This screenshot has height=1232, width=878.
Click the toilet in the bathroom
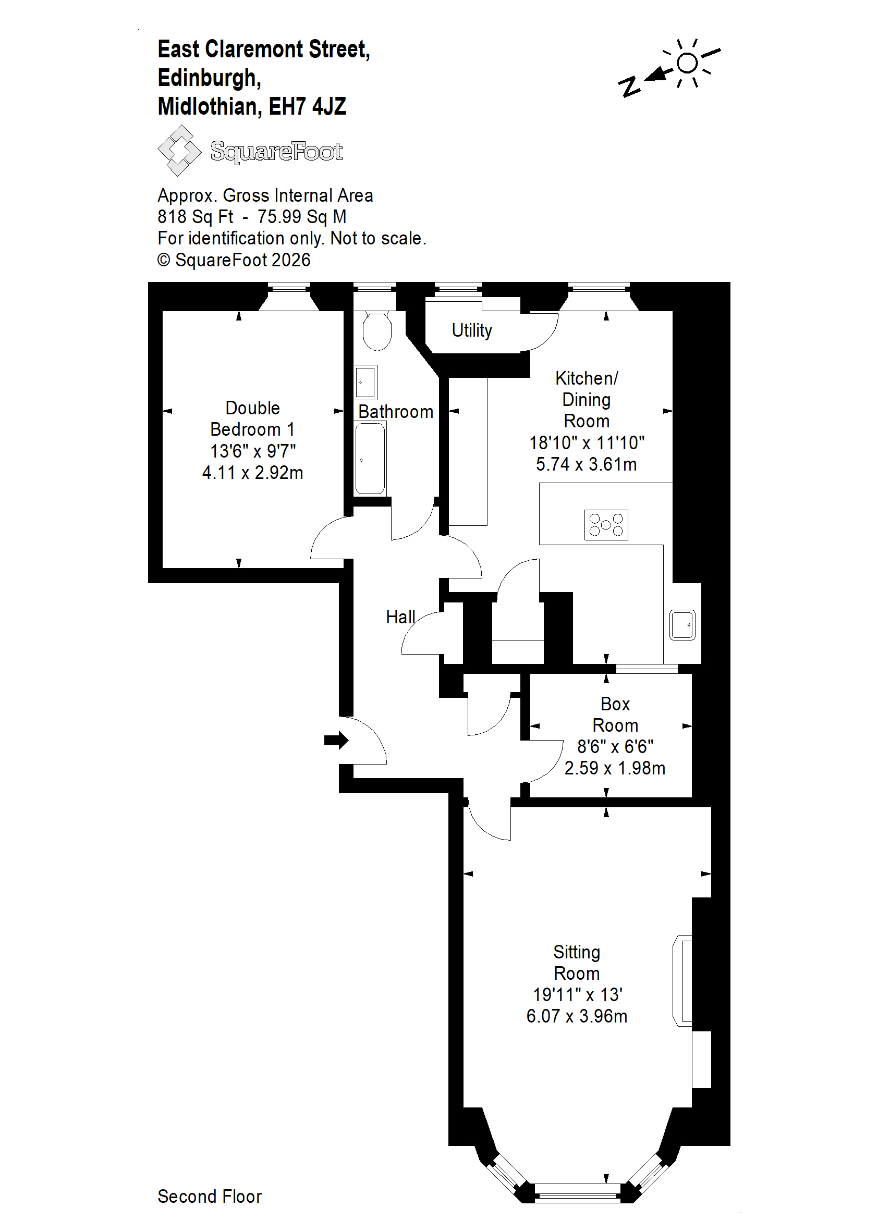pos(377,331)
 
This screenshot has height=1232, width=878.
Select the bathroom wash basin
pos(365,382)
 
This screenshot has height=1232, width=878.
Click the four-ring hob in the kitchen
pos(606,525)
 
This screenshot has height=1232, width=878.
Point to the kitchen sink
pos(682,625)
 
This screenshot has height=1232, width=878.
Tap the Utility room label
pos(472,330)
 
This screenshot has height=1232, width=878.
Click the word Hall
pos(400,617)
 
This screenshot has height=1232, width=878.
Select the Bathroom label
pos(396,412)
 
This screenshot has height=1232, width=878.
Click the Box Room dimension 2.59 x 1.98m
pos(615,768)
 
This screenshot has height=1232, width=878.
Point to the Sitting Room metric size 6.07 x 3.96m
pos(577,1016)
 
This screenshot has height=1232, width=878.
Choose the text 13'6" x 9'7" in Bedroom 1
pos(252,451)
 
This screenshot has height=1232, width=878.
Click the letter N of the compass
pos(629,87)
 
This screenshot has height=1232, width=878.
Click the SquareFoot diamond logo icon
pos(179,150)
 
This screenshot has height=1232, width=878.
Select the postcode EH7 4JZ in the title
pos(307,106)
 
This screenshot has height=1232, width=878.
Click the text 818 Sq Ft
pos(195,217)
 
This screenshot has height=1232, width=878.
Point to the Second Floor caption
pos(210,1197)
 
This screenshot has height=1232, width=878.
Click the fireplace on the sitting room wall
pos(683,981)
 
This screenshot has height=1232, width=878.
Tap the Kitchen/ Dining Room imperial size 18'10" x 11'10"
pos(587,442)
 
